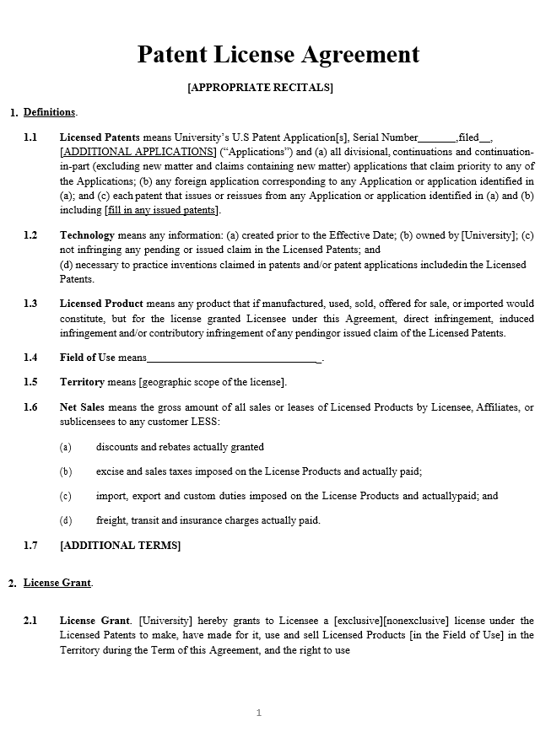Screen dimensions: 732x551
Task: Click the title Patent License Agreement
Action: tap(278, 55)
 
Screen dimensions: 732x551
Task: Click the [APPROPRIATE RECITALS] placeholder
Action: tap(260, 88)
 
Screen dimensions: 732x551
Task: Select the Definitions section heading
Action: tap(50, 112)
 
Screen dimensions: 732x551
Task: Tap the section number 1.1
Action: tap(30, 137)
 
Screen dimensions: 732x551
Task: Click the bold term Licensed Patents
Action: tap(100, 137)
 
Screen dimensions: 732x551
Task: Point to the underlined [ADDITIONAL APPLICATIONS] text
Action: tap(138, 152)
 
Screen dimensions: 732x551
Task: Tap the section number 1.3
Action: tap(30, 304)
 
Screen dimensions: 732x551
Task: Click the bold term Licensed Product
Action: tap(101, 304)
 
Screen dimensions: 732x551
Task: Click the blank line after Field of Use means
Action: tap(234, 358)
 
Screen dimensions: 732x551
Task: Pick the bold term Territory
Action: tap(82, 382)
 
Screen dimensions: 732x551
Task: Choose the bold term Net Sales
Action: tap(84, 407)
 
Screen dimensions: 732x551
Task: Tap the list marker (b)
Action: tap(66, 471)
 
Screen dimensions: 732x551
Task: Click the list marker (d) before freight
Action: tap(66, 520)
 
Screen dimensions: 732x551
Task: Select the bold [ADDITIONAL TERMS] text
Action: tap(120, 546)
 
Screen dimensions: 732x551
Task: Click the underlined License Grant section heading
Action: tap(57, 583)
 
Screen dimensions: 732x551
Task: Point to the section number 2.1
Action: tap(30, 622)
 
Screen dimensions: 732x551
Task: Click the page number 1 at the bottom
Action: tap(259, 713)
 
